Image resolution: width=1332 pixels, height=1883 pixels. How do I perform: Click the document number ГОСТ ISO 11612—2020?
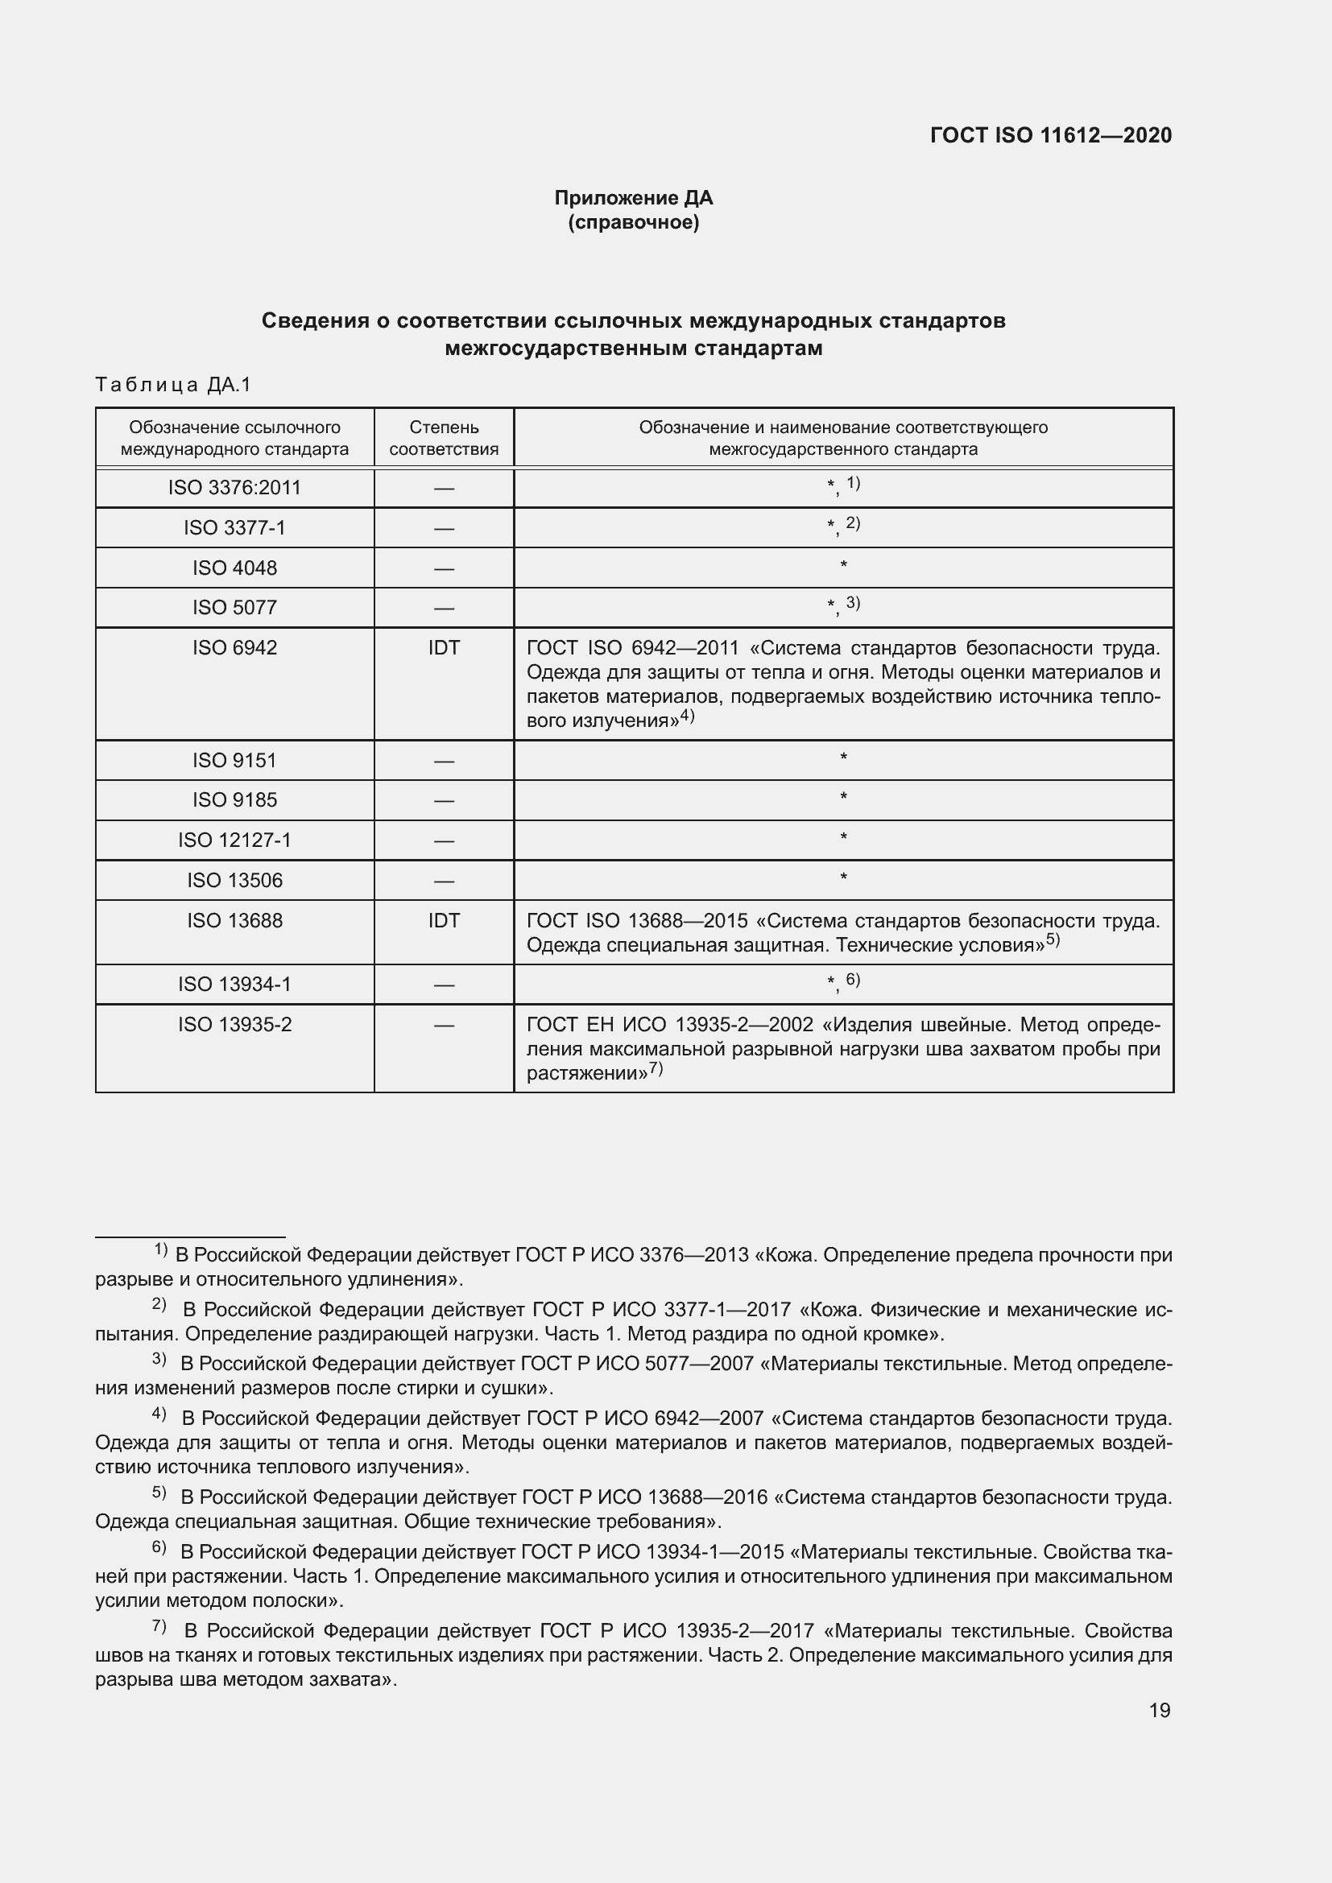point(1051,135)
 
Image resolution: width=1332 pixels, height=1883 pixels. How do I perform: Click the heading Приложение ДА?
point(633,198)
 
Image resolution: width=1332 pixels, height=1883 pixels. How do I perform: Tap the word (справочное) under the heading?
point(633,222)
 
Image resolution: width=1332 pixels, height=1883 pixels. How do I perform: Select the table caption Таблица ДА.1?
point(173,385)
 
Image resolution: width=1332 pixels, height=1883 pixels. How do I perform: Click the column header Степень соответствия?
point(444,438)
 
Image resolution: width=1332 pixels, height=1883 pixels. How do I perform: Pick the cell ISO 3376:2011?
point(234,488)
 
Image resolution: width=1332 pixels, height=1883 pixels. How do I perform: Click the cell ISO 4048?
point(234,568)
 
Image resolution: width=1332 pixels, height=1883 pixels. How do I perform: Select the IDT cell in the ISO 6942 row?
point(444,648)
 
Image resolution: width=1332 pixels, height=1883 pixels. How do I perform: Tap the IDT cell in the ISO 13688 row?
point(444,920)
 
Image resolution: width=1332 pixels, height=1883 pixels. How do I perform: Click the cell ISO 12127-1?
point(234,840)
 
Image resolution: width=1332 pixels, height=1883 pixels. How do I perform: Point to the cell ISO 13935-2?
point(234,1024)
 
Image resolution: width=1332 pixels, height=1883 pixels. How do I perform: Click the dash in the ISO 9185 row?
point(444,800)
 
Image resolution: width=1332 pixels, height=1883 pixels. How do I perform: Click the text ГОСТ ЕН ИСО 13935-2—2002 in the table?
point(669,1025)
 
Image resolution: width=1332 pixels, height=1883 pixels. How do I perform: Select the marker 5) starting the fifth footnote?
point(159,1493)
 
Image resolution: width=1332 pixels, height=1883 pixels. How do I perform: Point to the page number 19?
point(1159,1710)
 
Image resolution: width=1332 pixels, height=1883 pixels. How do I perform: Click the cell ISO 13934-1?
point(234,984)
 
